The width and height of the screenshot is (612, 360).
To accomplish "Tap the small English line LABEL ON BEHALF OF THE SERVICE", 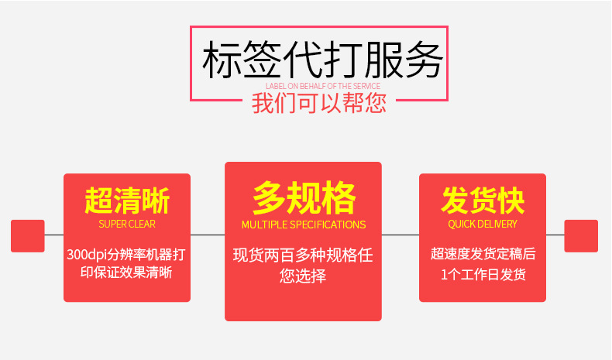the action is click(x=322, y=86).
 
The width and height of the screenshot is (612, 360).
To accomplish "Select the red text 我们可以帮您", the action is click(x=319, y=103).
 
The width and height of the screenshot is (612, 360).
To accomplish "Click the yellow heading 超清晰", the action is click(x=127, y=201).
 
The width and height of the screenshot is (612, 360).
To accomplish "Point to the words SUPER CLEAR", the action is click(x=127, y=224).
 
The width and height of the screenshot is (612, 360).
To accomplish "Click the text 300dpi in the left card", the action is click(x=84, y=254).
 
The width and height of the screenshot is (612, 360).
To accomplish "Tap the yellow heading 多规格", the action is click(x=303, y=198).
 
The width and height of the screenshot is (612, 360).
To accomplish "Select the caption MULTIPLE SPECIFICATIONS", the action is click(x=303, y=225).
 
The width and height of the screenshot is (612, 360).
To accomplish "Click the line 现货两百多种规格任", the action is click(x=303, y=255).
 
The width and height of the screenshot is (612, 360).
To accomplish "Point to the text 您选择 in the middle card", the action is click(x=303, y=276).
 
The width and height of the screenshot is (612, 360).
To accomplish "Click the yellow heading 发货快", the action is click(x=483, y=200).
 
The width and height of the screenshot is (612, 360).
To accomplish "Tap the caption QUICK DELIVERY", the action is click(x=483, y=224).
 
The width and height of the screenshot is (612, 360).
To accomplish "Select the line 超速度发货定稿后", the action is click(x=483, y=254).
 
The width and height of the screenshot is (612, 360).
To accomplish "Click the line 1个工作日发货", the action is click(x=483, y=273).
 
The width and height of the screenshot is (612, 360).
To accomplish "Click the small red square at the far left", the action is click(x=27, y=235).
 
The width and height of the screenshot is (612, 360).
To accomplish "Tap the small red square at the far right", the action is click(x=581, y=235).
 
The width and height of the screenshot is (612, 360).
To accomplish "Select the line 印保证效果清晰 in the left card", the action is click(x=127, y=273).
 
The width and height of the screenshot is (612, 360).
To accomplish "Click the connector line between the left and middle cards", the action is click(x=208, y=234).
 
